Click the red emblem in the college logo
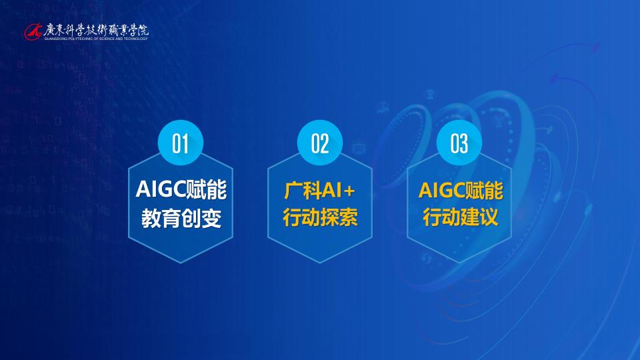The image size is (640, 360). point(33,31)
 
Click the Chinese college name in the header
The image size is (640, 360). point(96,30)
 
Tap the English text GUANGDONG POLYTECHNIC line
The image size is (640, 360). point(96,39)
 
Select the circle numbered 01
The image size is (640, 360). point(181,143)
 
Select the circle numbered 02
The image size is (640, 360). point(319,143)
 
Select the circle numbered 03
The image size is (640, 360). point(459,143)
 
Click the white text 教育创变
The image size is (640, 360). point(181,219)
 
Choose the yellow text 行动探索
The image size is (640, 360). point(320,217)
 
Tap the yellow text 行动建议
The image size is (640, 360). point(460,217)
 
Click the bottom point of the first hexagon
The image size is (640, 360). point(181,263)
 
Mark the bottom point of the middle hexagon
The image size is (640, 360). point(319,263)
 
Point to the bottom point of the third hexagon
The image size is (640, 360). point(459,263)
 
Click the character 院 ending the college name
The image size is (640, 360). point(143,30)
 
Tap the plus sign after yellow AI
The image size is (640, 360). point(349,191)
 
